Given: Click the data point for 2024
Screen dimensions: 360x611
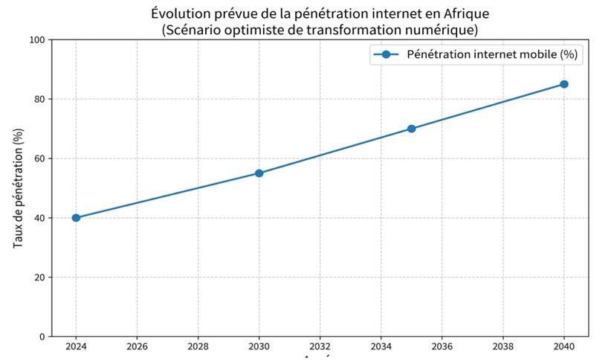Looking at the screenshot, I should tap(76, 218).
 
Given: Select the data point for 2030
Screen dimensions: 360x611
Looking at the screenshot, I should tap(259, 173).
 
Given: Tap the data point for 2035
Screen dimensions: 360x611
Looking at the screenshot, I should tap(412, 129).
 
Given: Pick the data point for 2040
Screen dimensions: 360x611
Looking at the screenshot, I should tap(564, 84).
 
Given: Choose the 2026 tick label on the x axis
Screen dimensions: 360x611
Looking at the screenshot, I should tap(137, 347).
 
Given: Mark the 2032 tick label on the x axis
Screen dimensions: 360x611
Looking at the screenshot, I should tap(320, 347).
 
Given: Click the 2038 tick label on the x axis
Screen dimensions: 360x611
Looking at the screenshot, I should tap(503, 347).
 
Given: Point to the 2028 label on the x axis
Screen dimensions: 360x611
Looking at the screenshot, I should tap(198, 347).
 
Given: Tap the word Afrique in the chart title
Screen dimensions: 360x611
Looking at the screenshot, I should tap(468, 14).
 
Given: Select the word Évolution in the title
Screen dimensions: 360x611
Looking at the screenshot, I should tap(175, 14).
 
